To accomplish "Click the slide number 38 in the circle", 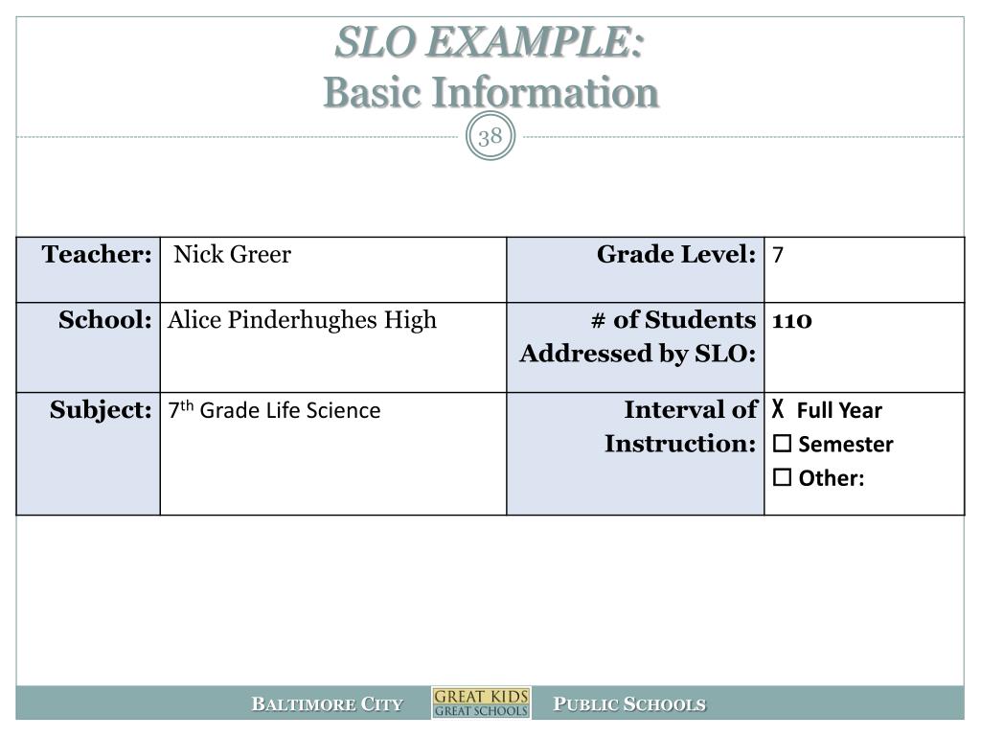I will (x=490, y=137).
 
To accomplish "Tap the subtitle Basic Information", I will (x=490, y=93).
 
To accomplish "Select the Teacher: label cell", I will (x=97, y=255).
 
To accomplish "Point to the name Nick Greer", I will (x=232, y=255).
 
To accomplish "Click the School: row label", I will (x=105, y=320).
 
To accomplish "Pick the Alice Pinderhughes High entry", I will (x=302, y=320).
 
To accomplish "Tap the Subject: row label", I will (x=101, y=410).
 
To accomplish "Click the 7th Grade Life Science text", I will (x=274, y=411).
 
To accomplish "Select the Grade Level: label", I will (x=676, y=255).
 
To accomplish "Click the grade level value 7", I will (x=779, y=256).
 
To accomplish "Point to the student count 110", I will (x=792, y=320).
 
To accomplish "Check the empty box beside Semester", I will (x=782, y=445).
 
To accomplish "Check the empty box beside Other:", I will (x=782, y=478).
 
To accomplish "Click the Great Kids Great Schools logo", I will (x=481, y=702).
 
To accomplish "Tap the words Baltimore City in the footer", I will (x=327, y=704).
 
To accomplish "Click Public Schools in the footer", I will (x=630, y=704).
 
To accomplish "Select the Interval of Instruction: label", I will (x=680, y=426).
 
